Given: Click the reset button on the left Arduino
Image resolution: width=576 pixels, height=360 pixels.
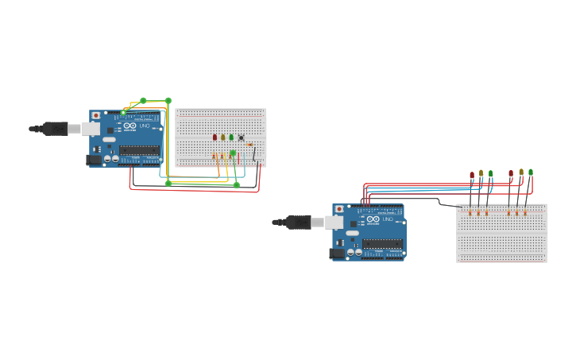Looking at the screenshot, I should pyautogui.click(x=96, y=115).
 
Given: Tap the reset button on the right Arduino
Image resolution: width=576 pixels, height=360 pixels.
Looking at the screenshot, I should pyautogui.click(x=339, y=209).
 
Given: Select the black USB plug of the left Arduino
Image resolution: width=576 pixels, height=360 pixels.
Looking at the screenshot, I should pyautogui.click(x=55, y=128).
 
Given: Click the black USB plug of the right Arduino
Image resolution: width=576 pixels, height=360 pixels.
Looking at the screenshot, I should pyautogui.click(x=298, y=222).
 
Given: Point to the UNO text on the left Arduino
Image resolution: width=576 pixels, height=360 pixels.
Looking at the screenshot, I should pyautogui.click(x=145, y=126).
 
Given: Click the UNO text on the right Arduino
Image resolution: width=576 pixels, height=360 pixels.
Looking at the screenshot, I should pyautogui.click(x=388, y=219).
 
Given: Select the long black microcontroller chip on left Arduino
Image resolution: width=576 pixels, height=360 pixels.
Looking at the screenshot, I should pyautogui.click(x=138, y=150).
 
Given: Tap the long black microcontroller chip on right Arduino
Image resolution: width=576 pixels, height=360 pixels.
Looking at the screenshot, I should pyautogui.click(x=382, y=244).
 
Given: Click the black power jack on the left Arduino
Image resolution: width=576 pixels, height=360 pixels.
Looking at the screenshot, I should pyautogui.click(x=93, y=160).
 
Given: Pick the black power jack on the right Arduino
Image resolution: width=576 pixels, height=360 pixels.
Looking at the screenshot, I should pyautogui.click(x=337, y=254).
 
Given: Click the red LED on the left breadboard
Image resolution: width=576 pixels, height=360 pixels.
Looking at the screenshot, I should pyautogui.click(x=215, y=137).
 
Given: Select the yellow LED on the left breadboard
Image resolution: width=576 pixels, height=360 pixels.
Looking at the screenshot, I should pyautogui.click(x=222, y=137).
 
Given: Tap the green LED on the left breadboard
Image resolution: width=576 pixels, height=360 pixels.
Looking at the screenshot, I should pyautogui.click(x=231, y=137).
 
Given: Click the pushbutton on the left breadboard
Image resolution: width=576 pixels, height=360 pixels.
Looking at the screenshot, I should pyautogui.click(x=241, y=137).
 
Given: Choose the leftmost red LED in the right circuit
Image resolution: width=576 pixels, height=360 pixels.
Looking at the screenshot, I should pyautogui.click(x=472, y=175).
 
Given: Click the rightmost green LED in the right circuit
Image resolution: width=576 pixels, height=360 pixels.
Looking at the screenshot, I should pyautogui.click(x=531, y=172).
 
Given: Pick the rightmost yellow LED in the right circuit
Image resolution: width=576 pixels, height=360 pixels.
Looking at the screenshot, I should pyautogui.click(x=521, y=172).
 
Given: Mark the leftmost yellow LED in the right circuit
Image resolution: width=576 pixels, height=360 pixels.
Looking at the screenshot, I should pyautogui.click(x=481, y=172).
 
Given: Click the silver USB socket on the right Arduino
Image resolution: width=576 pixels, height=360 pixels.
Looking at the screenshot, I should pyautogui.click(x=334, y=222).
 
